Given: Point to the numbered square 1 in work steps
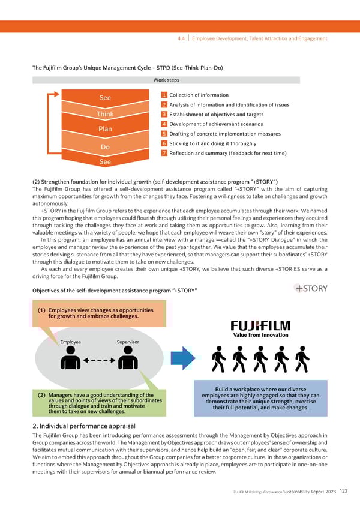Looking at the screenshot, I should click(x=164, y=95).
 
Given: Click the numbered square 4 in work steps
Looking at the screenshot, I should click(x=164, y=124).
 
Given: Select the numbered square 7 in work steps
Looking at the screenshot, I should click(x=164, y=153).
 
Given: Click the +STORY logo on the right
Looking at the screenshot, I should click(x=311, y=288).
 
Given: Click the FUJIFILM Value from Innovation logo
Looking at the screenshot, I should click(x=260, y=329).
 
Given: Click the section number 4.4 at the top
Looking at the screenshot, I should click(x=181, y=38).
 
